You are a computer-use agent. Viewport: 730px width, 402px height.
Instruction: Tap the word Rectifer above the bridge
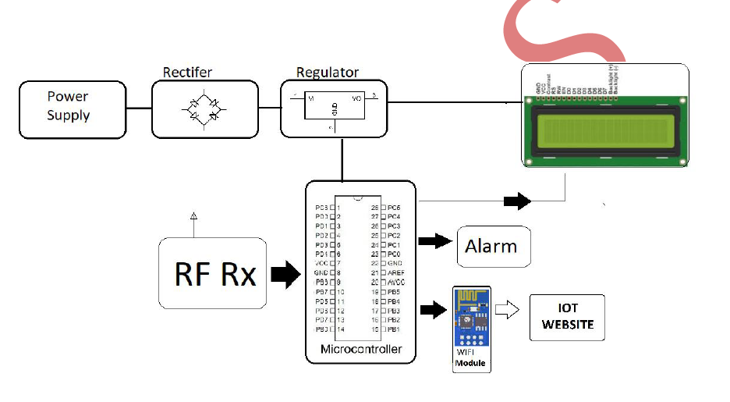[187, 73]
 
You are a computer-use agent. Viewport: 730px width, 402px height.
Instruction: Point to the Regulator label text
[328, 73]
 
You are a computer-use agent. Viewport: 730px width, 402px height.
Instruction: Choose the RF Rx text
[215, 274]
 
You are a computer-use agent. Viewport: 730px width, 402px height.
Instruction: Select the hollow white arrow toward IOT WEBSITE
[509, 311]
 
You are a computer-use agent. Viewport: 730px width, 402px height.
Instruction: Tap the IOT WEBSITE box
[567, 317]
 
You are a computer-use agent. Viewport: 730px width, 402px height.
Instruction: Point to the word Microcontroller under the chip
[361, 349]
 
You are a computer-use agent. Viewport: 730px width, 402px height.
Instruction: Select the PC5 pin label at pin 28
[394, 207]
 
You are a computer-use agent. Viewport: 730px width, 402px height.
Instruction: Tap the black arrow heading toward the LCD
[517, 201]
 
